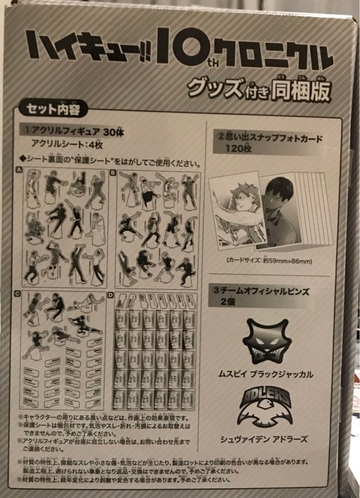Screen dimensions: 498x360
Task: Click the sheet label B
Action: point(113,172)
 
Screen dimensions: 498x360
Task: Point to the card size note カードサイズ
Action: point(269,261)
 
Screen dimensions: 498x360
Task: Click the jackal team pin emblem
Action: point(267,342)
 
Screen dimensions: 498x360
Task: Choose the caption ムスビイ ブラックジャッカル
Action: point(266,374)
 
